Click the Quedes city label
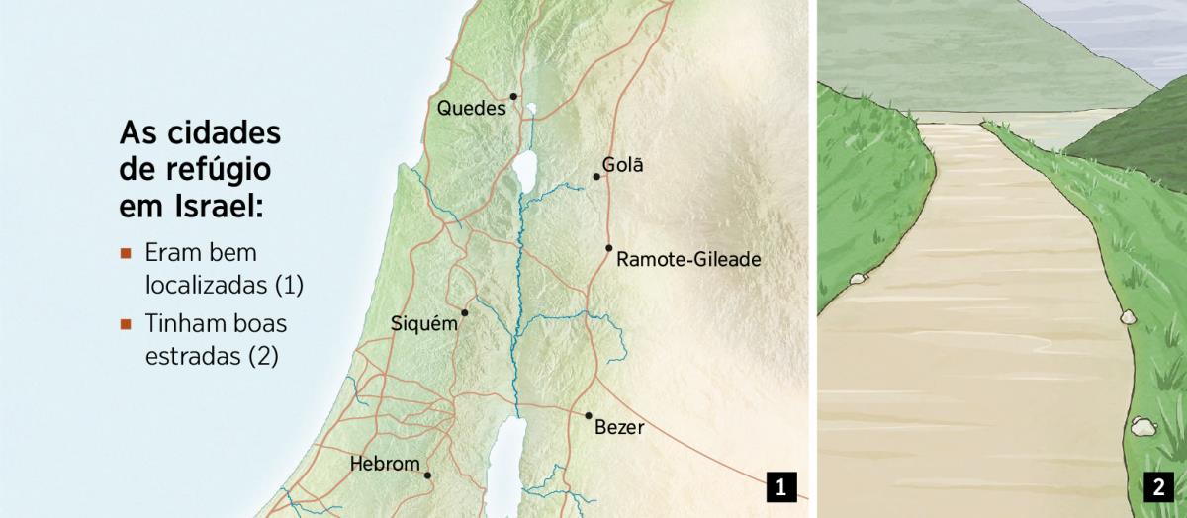(x=471, y=108)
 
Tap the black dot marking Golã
(x=596, y=177)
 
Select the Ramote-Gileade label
(x=688, y=260)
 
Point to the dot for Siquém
(x=465, y=312)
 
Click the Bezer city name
(x=620, y=428)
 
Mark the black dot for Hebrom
(x=427, y=475)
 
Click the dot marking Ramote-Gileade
(x=609, y=248)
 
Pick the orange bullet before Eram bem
(x=126, y=253)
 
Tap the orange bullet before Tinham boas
(x=126, y=323)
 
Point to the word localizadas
(x=207, y=286)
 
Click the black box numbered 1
(x=780, y=486)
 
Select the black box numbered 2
(x=1157, y=486)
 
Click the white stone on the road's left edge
(x=856, y=280)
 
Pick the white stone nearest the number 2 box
(x=1141, y=427)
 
